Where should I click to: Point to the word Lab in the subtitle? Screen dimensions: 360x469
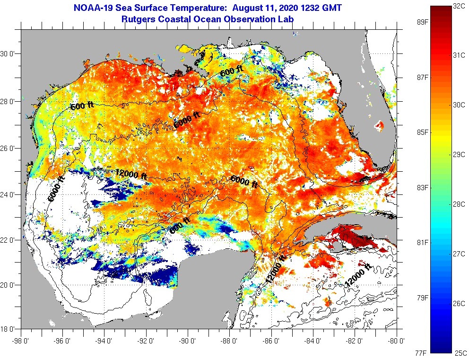pyautogui.click(x=286, y=19)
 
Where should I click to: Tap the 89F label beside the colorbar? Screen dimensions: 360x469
pyautogui.click(x=422, y=22)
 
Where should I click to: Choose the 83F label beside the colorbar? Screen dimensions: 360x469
pyautogui.click(x=422, y=188)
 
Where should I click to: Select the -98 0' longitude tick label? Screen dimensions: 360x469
pyautogui.click(x=21, y=340)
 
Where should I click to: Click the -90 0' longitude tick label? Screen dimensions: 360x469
pyautogui.click(x=188, y=340)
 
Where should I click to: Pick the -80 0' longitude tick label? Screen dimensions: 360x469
pyautogui.click(x=397, y=340)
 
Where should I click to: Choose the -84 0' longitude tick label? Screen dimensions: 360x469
pyautogui.click(x=314, y=340)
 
